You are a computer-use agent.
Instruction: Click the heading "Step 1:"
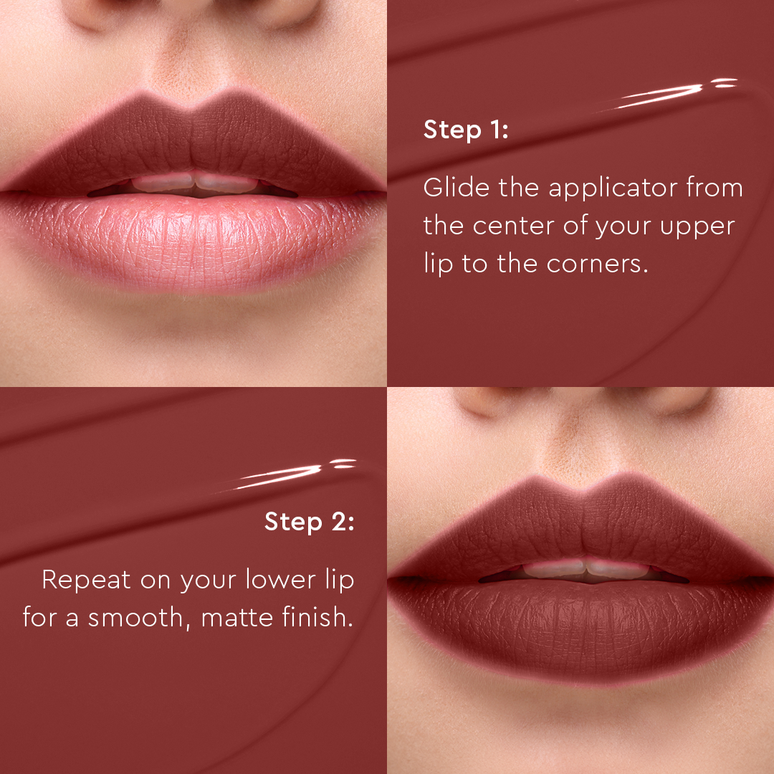point(465,130)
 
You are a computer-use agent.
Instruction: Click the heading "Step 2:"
point(309,521)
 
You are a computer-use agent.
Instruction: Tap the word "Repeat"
point(86,580)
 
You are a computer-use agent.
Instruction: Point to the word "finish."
point(318,618)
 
